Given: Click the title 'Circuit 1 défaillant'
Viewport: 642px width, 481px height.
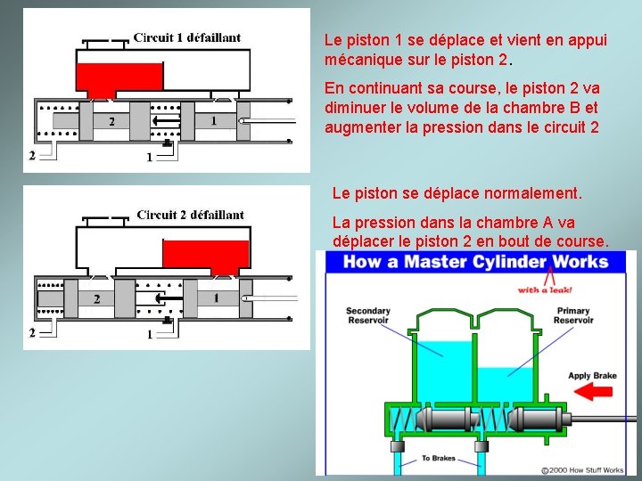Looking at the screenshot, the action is coord(186,37).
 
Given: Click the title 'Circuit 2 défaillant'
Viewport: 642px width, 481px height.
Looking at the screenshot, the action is coord(190,215).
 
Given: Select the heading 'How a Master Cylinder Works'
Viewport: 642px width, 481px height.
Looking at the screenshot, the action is coord(475,262).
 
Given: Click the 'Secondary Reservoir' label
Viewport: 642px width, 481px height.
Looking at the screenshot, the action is coord(367,315).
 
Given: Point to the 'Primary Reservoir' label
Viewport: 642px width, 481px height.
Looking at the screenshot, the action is coord(572,315).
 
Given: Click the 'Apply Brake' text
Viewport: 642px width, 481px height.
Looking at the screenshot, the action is coord(592,376).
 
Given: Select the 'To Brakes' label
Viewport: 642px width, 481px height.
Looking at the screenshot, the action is coord(438,458).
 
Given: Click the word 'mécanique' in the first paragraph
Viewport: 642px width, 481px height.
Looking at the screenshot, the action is coord(362,61).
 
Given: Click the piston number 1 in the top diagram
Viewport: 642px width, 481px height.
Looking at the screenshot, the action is coord(213,120).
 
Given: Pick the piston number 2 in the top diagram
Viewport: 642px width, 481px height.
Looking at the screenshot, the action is coord(111,121).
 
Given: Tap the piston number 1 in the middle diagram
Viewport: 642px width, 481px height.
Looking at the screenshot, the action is coord(215,297).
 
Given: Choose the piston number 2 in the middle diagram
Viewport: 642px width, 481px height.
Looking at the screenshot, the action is coord(96,298).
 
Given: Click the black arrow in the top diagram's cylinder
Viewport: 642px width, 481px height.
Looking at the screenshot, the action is coord(165,120).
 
